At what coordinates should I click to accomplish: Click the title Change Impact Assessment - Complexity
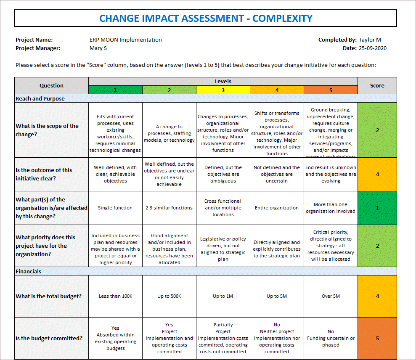click(x=206, y=19)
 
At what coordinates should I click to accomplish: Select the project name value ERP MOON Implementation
click(x=125, y=40)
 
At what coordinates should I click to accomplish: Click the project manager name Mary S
click(x=98, y=48)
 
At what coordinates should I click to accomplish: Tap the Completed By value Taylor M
click(x=370, y=40)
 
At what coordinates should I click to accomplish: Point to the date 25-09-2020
click(x=372, y=48)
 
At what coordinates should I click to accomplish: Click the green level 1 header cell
click(x=115, y=90)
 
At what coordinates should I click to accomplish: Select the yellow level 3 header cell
click(x=223, y=90)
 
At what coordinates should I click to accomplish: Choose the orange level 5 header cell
click(x=331, y=90)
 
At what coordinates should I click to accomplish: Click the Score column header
click(x=377, y=86)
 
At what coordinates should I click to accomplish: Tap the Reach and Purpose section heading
click(x=40, y=98)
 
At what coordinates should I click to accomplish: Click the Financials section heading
click(x=29, y=271)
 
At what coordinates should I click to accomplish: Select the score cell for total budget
click(x=377, y=296)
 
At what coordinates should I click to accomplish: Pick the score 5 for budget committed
click(x=377, y=338)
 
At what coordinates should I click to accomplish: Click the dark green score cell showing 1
click(x=377, y=208)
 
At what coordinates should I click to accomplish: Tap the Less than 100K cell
click(x=115, y=296)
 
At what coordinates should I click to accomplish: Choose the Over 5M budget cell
click(x=331, y=296)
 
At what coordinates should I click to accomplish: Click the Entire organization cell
click(x=277, y=208)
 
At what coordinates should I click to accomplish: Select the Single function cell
click(x=115, y=208)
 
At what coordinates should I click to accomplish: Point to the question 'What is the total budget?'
click(x=49, y=296)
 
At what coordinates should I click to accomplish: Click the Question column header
click(x=51, y=86)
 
